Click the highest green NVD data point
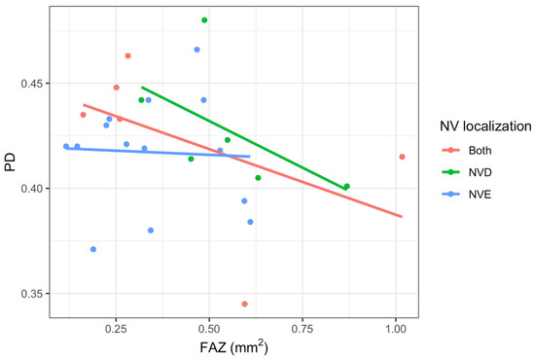[x=204, y=20]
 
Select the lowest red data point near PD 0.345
[x=244, y=304]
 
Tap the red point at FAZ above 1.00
[x=402, y=157]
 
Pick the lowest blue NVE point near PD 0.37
[x=93, y=249]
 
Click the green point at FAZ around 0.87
[x=347, y=186]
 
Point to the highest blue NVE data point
[x=196, y=50]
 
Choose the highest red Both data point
[x=128, y=55]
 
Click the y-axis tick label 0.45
[x=31, y=84]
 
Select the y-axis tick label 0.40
[x=31, y=189]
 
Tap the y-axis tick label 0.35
[x=31, y=294]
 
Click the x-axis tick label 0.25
[x=116, y=329]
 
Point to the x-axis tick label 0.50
[x=209, y=329]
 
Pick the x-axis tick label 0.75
[x=303, y=329]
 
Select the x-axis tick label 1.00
[x=396, y=329]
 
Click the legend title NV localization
[x=485, y=126]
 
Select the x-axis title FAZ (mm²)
[x=234, y=347]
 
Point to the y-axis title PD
[x=11, y=162]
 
